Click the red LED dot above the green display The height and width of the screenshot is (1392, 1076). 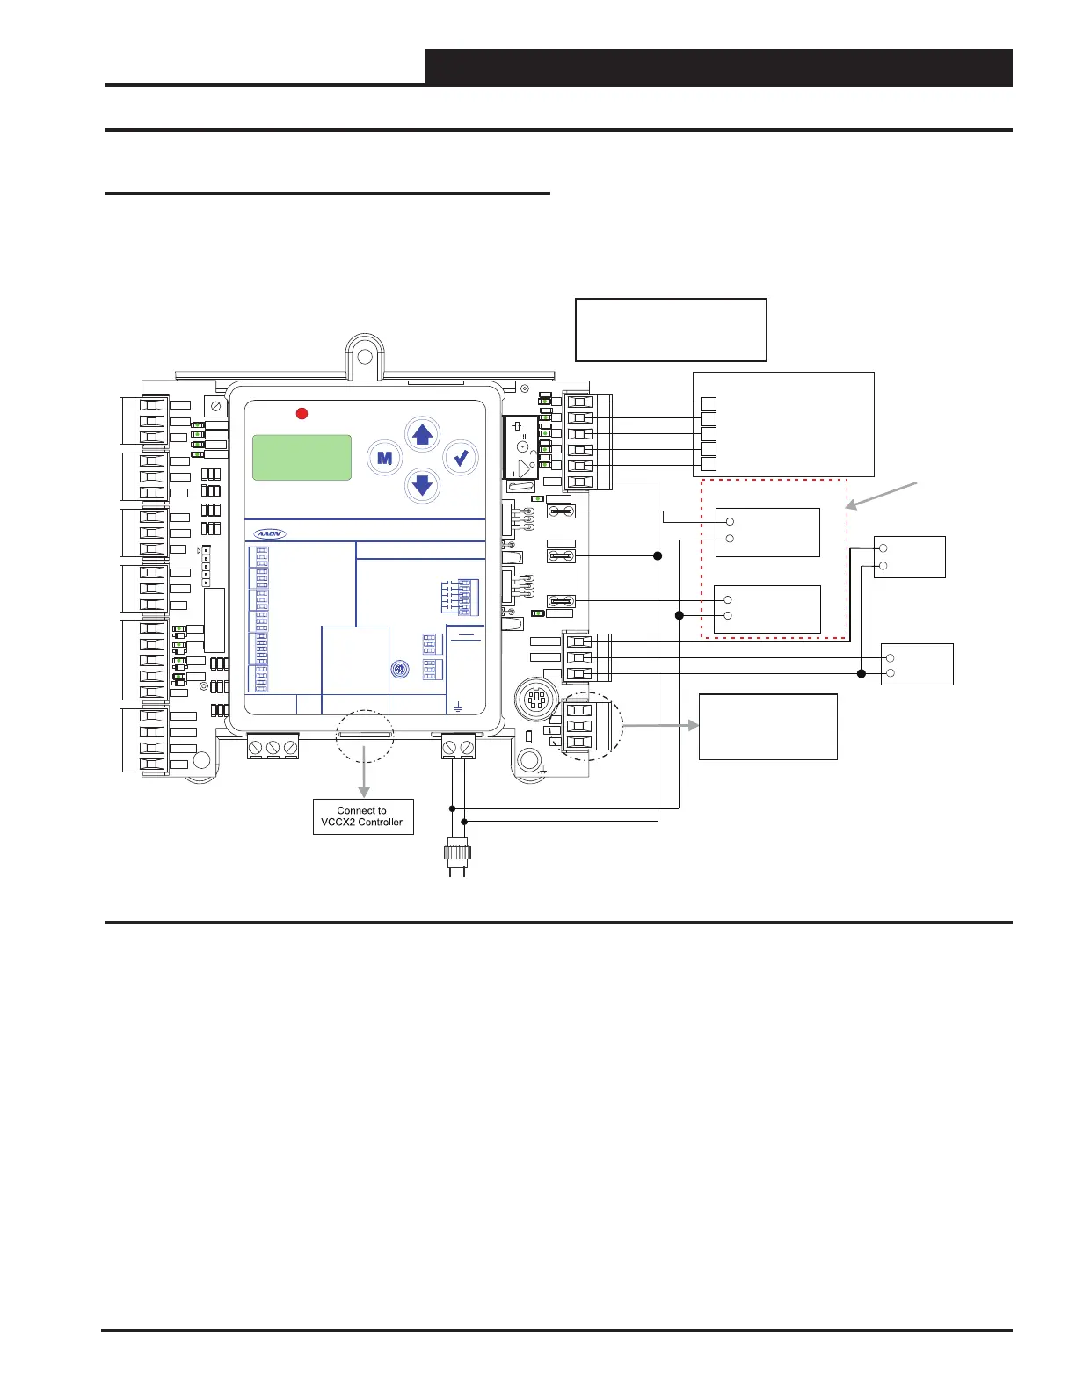pos(302,413)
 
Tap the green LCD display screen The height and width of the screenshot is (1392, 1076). pos(302,457)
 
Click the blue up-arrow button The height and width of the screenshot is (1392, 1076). pos(423,434)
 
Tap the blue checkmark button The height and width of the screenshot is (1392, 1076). pos(461,457)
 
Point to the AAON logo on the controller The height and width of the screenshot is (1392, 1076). pos(270,533)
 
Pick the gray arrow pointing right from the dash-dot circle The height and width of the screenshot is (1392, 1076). pos(661,726)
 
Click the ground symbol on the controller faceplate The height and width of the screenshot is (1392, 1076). pos(458,706)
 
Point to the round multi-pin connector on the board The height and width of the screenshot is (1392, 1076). pos(535,700)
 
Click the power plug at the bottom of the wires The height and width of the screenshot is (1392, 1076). pos(457,857)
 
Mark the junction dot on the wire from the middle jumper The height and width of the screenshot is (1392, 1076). pos(658,555)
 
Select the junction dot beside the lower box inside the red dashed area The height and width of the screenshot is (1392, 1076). pos(679,615)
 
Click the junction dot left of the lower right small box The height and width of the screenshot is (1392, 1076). pos(862,674)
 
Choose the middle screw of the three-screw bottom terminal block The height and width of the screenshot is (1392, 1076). pos(273,748)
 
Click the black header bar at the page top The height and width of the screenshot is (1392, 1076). pos(718,67)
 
